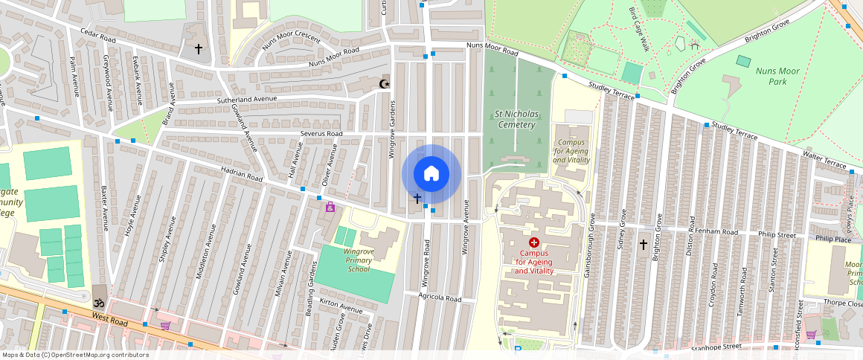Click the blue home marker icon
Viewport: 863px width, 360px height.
click(431, 174)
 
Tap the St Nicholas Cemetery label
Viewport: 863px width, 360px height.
click(516, 119)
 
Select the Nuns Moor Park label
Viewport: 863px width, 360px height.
click(777, 76)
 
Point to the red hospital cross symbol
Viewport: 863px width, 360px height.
click(534, 242)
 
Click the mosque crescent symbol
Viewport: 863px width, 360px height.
click(385, 83)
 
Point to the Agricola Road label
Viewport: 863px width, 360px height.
click(440, 299)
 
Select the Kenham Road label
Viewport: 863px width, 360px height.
click(715, 232)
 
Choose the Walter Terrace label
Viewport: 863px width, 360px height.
click(824, 159)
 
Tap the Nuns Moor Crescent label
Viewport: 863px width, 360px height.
click(291, 39)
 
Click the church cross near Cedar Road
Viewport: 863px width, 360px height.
click(198, 49)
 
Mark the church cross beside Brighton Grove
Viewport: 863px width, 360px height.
click(644, 244)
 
